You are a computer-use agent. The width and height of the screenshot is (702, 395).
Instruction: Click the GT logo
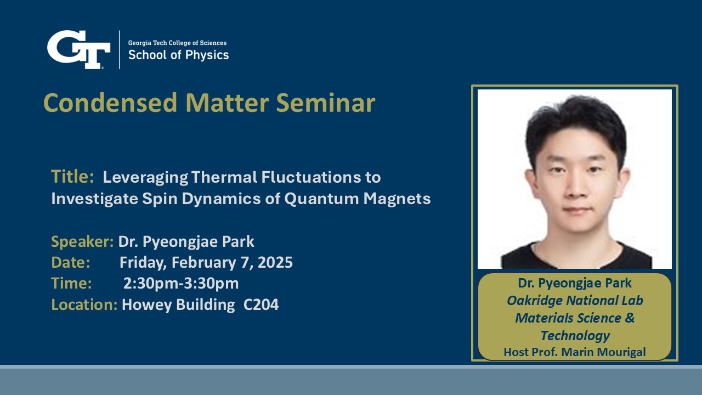(78, 49)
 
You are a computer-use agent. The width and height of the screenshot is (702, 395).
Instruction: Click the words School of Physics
(179, 55)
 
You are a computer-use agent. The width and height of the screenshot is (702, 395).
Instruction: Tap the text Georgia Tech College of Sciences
(177, 43)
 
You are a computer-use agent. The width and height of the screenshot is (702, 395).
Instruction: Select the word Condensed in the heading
(110, 103)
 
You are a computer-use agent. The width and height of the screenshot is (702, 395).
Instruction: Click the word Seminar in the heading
(326, 103)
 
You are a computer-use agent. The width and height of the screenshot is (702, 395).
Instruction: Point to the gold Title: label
(72, 176)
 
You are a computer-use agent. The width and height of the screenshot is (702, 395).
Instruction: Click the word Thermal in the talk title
(224, 177)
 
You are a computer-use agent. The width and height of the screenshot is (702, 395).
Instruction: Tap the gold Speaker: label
(82, 242)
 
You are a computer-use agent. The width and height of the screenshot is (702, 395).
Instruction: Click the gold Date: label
(71, 262)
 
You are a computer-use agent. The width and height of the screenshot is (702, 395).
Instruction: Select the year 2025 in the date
(275, 262)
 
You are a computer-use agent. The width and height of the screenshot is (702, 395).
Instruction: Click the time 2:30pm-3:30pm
(181, 284)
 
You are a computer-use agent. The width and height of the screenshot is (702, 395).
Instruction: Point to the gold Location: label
(84, 304)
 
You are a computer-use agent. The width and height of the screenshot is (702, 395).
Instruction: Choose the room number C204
(261, 304)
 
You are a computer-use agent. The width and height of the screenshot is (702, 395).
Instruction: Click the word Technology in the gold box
(575, 336)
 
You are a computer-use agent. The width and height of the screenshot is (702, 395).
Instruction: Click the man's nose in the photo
(576, 187)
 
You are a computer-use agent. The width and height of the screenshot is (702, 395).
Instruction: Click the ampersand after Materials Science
(630, 318)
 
